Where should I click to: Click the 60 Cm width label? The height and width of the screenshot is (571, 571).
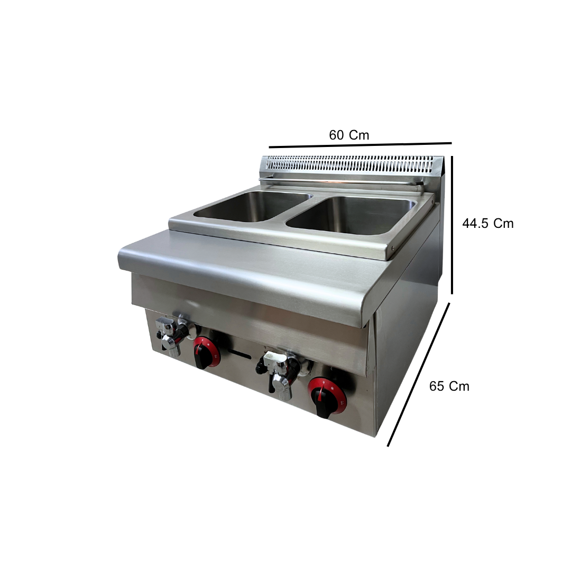[x=349, y=135]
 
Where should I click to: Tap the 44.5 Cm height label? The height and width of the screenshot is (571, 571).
[x=488, y=223]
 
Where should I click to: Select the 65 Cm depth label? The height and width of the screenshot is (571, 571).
[x=449, y=386]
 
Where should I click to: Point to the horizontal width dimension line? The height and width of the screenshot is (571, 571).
[x=360, y=145]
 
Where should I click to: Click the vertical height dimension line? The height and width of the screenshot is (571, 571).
[x=452, y=225]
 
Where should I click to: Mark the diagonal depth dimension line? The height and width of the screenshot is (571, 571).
[x=418, y=374]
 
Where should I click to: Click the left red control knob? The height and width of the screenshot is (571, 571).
[x=206, y=352]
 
